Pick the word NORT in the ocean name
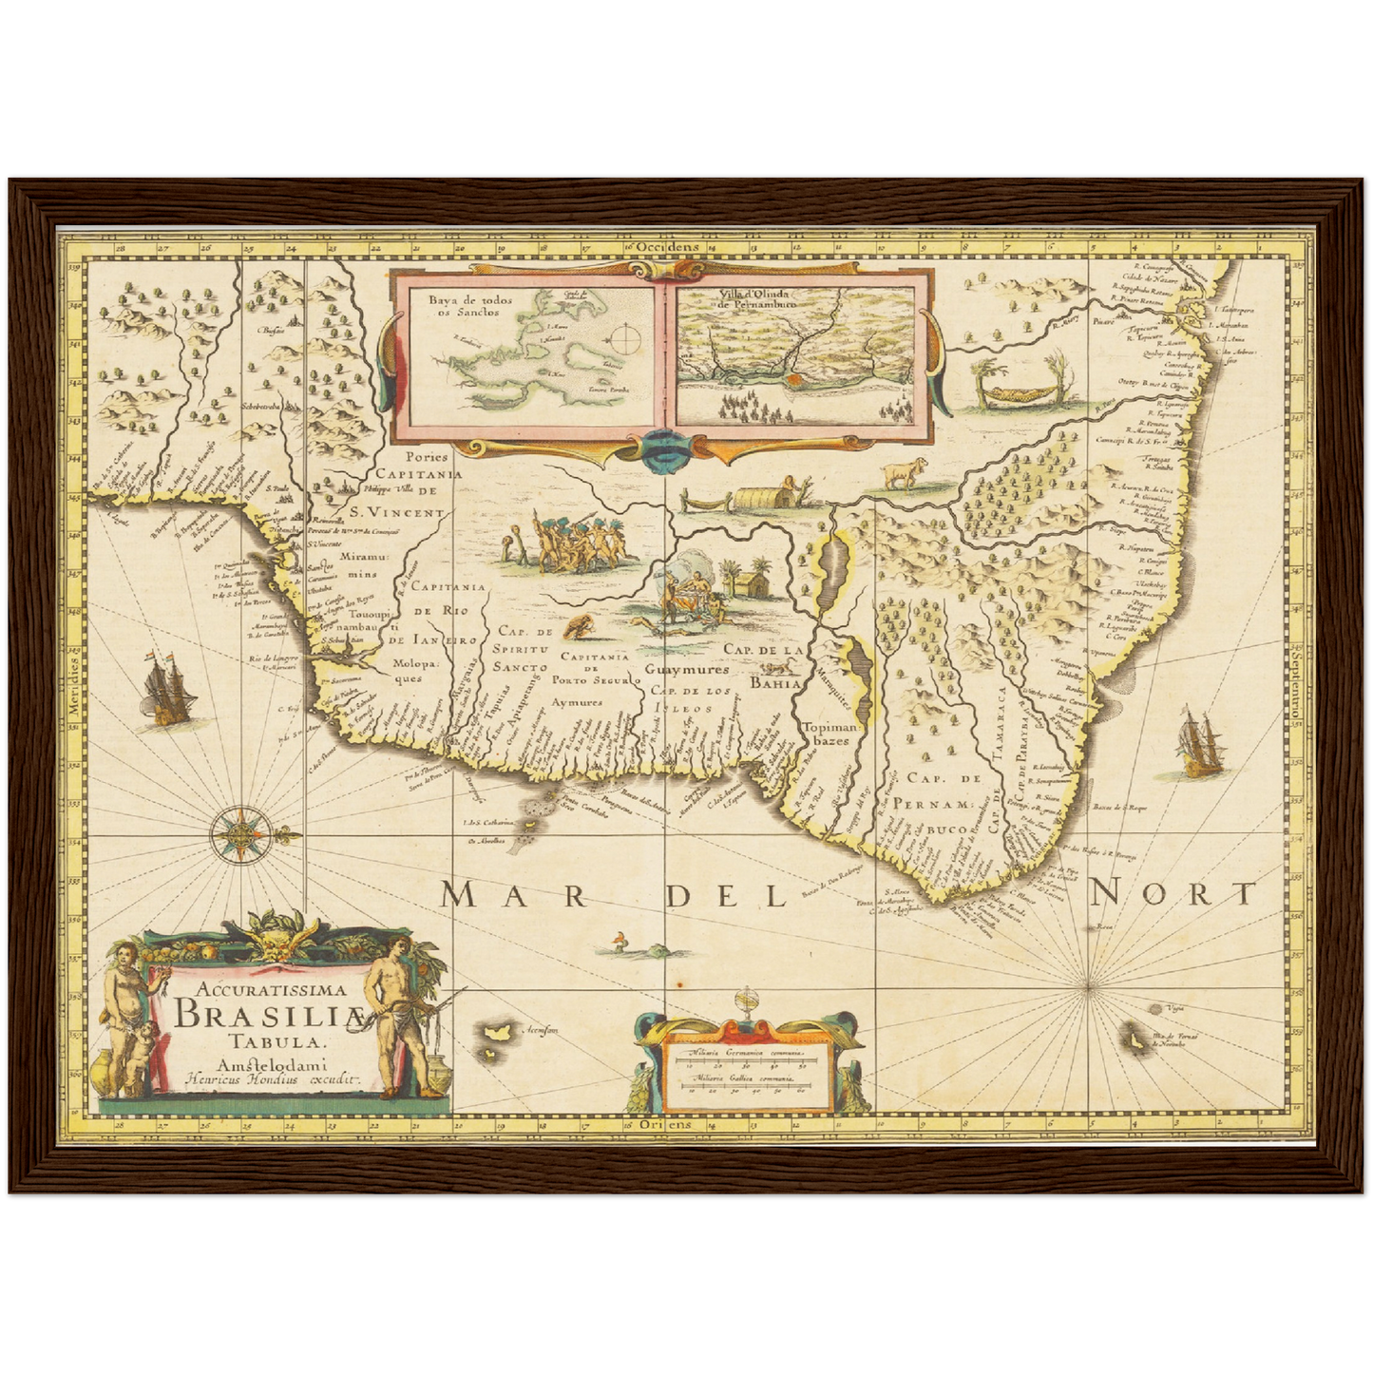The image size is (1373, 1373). coord(1173,893)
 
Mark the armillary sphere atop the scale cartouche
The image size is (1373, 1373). coord(749,1006)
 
